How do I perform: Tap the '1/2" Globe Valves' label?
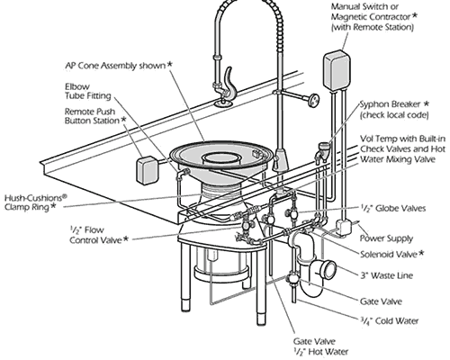click(x=388, y=207)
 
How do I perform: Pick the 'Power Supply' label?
click(x=383, y=240)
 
